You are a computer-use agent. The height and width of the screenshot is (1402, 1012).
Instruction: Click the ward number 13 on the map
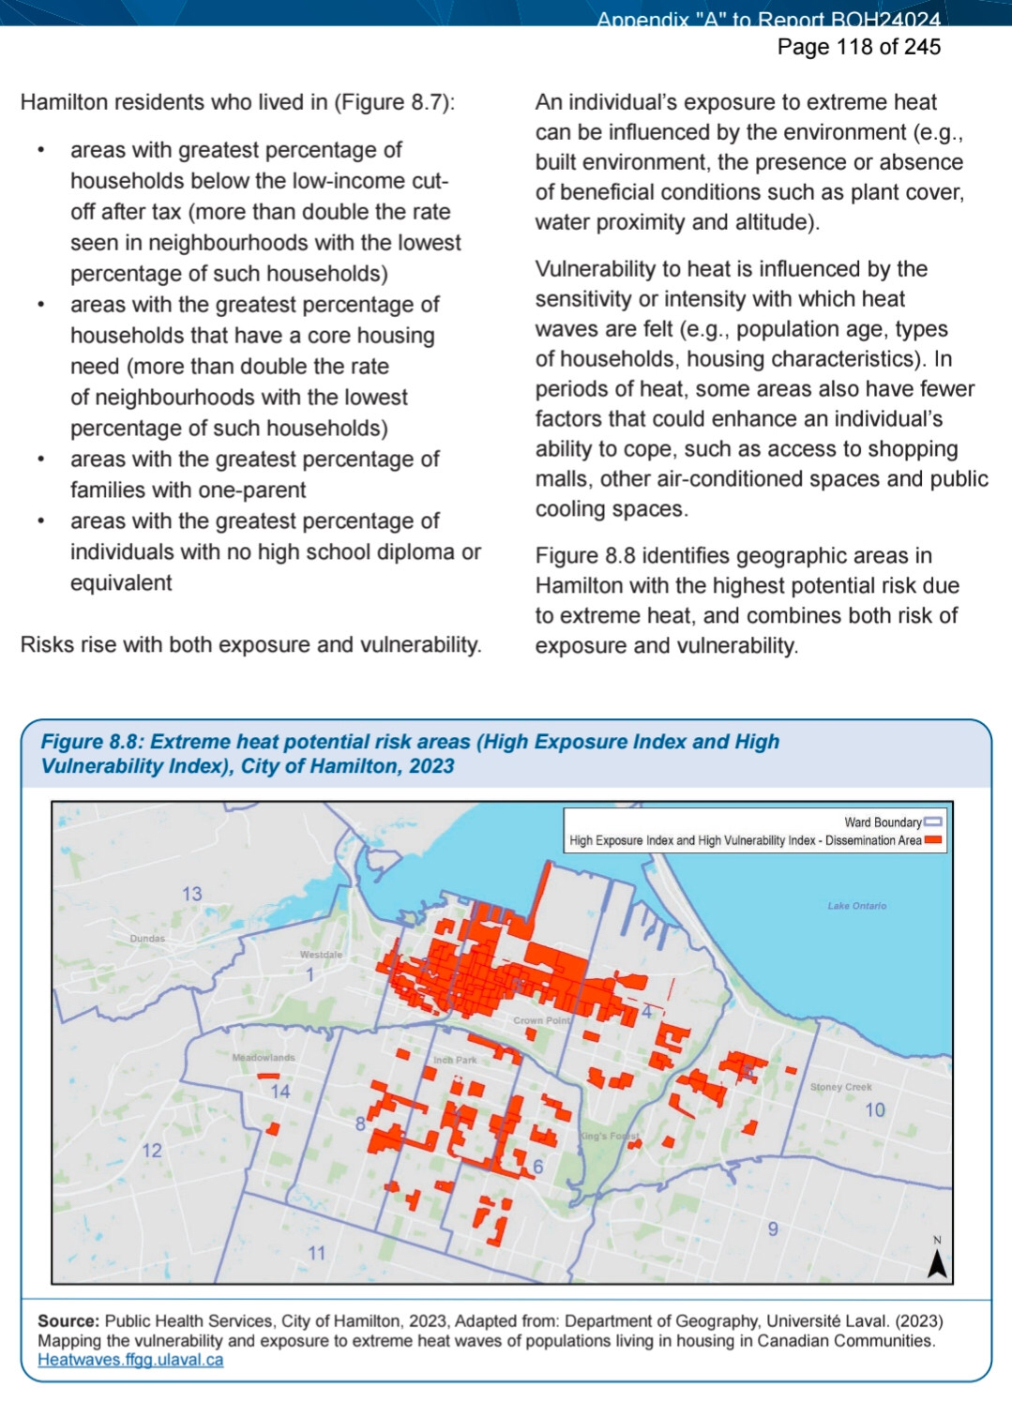(192, 894)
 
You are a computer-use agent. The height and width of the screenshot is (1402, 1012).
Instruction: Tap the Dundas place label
(147, 938)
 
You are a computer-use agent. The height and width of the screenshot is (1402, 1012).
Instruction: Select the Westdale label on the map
(321, 955)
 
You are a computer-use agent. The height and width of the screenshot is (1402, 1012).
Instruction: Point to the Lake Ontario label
(856, 906)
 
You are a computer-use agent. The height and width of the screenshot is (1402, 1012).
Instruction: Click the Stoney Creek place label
(840, 1087)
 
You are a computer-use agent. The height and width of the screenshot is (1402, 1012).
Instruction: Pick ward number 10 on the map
(874, 1110)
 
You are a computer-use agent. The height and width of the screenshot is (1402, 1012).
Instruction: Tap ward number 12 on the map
(152, 1151)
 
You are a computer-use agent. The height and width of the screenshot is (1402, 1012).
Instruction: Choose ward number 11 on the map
(317, 1253)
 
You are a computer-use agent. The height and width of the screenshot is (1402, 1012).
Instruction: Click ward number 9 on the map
(773, 1229)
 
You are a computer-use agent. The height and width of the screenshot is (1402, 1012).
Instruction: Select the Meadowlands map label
(264, 1057)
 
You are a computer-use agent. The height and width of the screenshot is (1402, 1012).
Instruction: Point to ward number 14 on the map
(280, 1092)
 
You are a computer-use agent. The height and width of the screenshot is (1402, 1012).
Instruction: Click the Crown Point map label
(542, 1020)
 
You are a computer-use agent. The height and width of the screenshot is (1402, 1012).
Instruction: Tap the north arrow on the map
(936, 1262)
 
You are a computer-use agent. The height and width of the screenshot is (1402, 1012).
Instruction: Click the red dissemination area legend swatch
(932, 840)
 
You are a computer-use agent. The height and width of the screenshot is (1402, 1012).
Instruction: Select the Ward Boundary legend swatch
(932, 822)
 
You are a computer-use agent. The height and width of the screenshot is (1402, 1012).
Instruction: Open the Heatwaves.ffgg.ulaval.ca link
(130, 1360)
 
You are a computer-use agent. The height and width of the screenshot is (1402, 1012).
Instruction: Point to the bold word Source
(68, 1320)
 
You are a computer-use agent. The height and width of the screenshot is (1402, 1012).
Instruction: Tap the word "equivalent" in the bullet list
(121, 583)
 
